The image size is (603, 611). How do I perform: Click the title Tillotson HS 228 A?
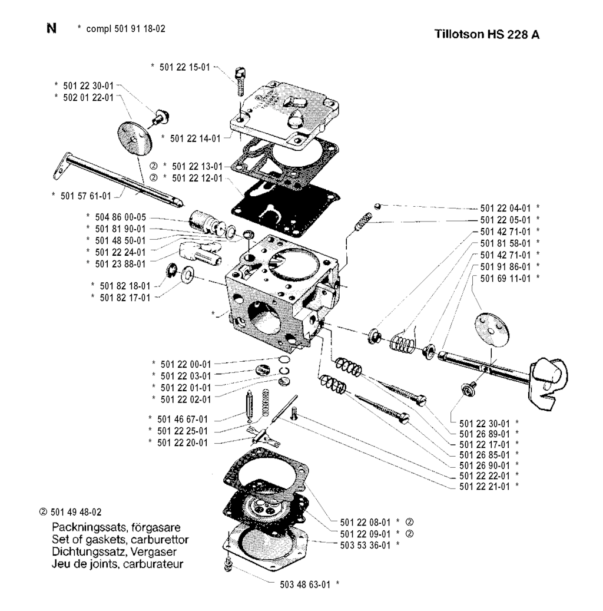(x=486, y=34)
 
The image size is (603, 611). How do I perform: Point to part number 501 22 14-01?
(x=195, y=138)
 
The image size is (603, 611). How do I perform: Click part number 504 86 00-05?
(x=120, y=217)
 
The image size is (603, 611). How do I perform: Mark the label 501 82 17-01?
(x=125, y=298)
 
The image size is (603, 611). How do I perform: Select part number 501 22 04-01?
(x=505, y=208)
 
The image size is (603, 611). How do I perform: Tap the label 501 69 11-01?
(x=505, y=277)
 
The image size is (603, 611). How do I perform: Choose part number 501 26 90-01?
(x=483, y=464)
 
